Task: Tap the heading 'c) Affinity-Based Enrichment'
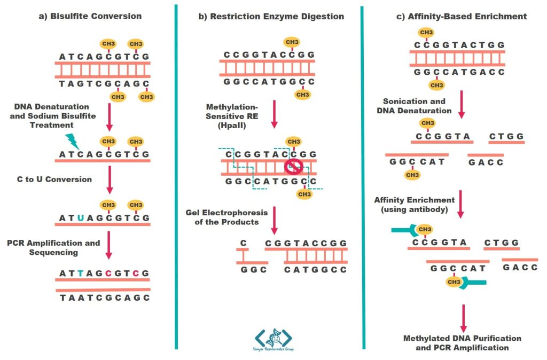pyautogui.click(x=462, y=16)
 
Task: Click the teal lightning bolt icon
pyautogui.click(x=72, y=142)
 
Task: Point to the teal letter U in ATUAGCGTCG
pyautogui.click(x=80, y=217)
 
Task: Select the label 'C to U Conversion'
pyautogui.click(x=54, y=179)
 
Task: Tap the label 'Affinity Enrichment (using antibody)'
pyautogui.click(x=414, y=205)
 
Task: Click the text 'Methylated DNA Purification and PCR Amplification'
pyautogui.click(x=462, y=343)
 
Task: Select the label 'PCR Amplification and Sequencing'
pyautogui.click(x=53, y=247)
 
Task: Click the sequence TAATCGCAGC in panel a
pyautogui.click(x=105, y=298)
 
